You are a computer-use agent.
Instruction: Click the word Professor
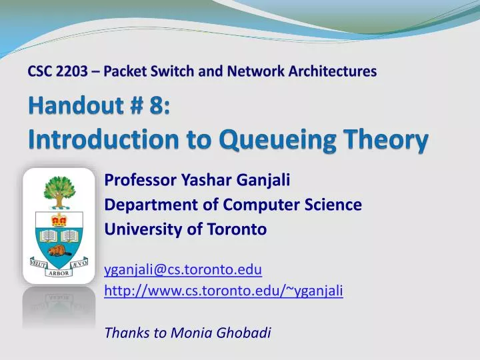point(139,180)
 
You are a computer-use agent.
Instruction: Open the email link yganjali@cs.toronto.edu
point(183,269)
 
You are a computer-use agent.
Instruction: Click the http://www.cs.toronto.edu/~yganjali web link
point(224,290)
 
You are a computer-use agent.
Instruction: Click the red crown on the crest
point(59,219)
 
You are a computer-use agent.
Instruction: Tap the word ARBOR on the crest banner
point(59,273)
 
